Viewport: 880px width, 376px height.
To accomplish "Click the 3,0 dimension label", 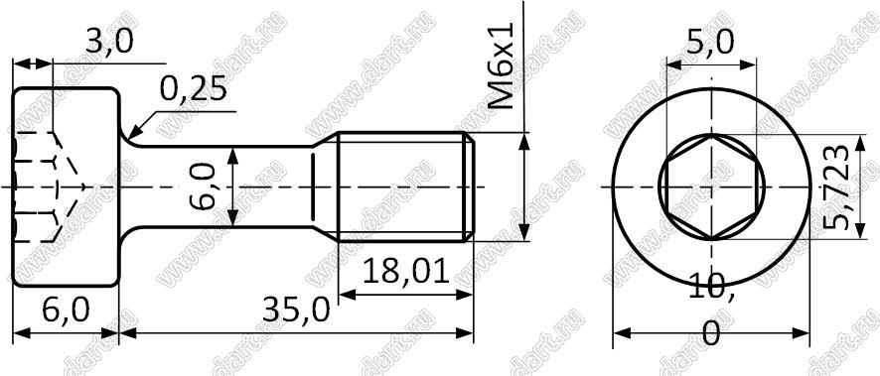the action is [x=109, y=42].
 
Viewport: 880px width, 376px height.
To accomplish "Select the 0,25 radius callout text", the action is [x=194, y=88].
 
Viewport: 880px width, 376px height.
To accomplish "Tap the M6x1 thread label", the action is [x=501, y=65].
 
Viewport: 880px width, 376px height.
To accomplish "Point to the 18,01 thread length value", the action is [x=406, y=272].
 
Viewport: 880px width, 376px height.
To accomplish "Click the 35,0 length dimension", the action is [x=296, y=310].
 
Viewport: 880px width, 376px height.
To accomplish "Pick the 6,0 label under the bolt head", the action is [x=66, y=310].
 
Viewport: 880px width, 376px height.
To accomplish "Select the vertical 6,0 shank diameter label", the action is [x=203, y=187].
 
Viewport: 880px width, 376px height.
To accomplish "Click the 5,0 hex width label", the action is [x=709, y=42].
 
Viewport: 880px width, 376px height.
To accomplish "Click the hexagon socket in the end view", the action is [x=711, y=188].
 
